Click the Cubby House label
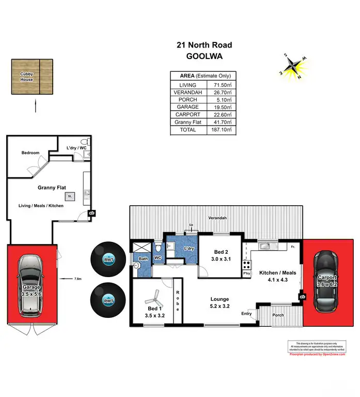26,77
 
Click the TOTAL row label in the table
187,130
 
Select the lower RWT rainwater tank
108,300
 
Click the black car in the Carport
327,281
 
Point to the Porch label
278,315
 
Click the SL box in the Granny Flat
69,196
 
